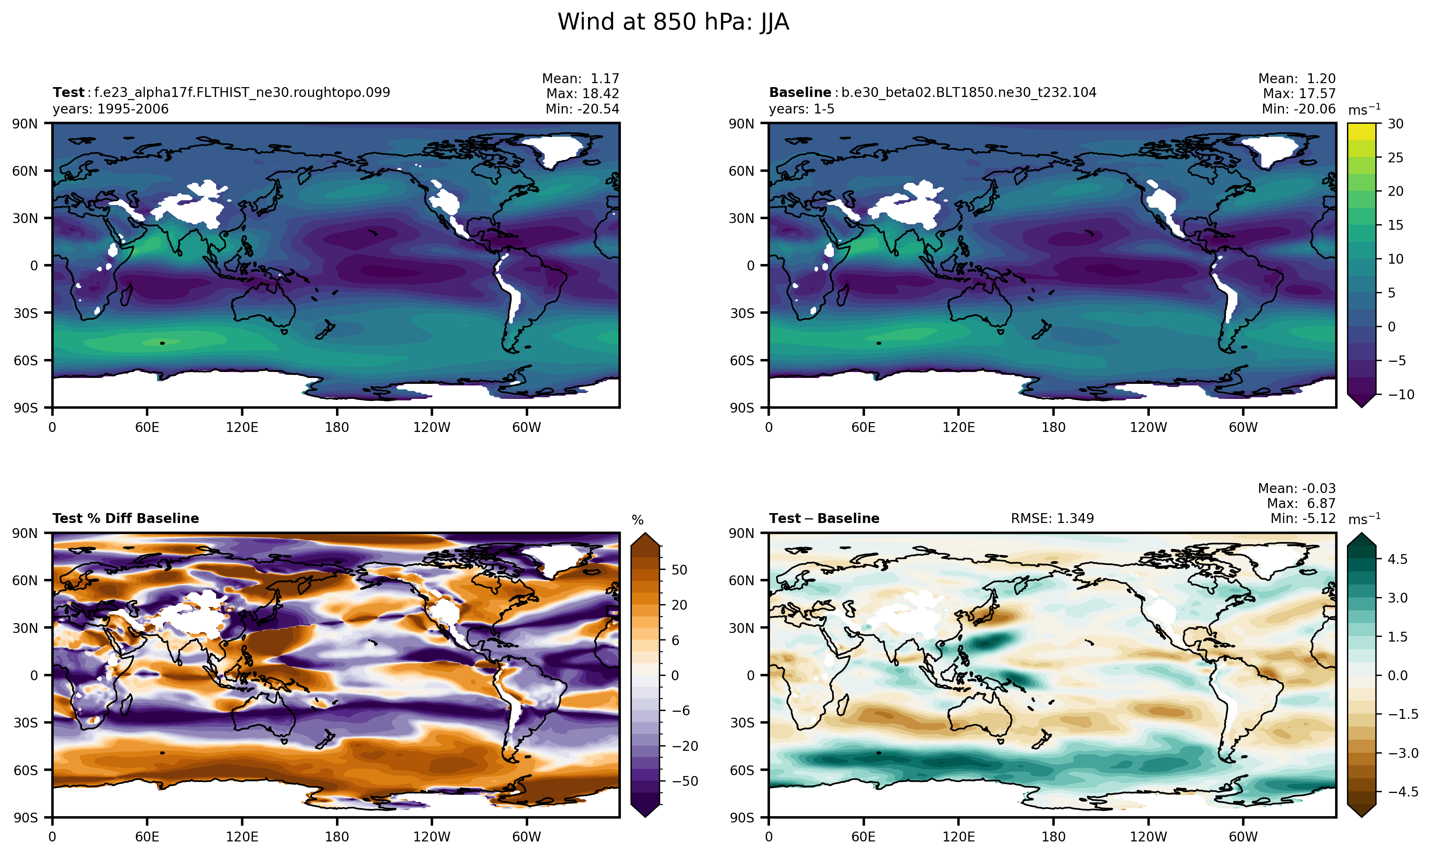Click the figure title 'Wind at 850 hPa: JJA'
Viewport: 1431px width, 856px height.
click(x=673, y=22)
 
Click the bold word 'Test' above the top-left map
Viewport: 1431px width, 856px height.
click(x=68, y=92)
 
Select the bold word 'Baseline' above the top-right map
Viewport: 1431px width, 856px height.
click(x=800, y=92)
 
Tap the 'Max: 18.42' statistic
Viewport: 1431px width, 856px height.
click(x=583, y=93)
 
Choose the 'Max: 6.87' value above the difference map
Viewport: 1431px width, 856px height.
click(x=1301, y=503)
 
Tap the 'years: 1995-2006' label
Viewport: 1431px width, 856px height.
click(x=110, y=109)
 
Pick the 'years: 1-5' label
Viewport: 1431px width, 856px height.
click(x=801, y=109)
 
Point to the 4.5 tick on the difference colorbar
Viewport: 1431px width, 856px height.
click(x=1397, y=559)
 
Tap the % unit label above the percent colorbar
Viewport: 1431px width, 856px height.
click(x=637, y=520)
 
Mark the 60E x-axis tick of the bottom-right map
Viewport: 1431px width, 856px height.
click(x=863, y=837)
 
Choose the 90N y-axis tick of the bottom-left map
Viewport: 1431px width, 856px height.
click(x=25, y=533)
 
